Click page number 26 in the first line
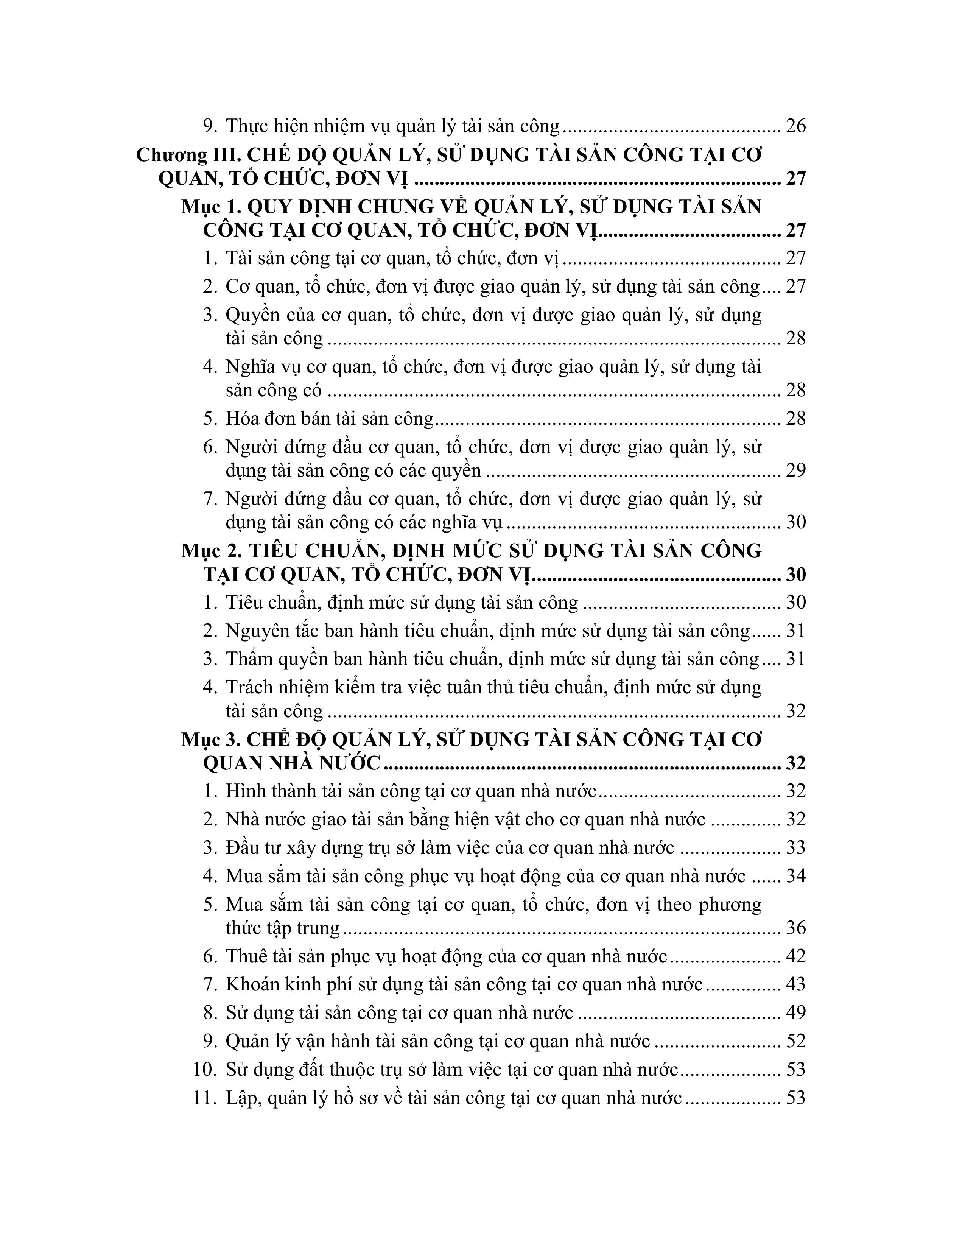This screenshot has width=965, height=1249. (796, 126)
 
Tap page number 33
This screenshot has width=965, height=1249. (796, 847)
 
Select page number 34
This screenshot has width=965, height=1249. (796, 876)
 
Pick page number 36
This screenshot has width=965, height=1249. (796, 928)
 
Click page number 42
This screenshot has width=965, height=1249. (796, 956)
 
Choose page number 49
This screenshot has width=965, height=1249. (796, 1013)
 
